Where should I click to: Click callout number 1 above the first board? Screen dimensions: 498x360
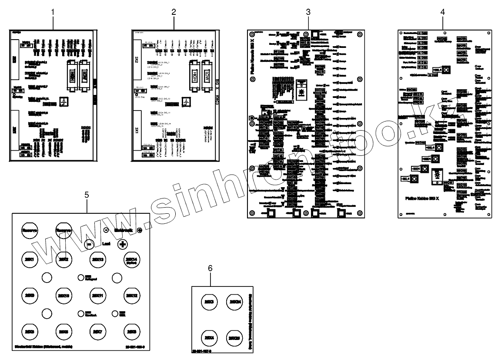click(53, 12)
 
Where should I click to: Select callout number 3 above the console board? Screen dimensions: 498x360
click(308, 12)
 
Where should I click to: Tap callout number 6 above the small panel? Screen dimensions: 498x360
click(210, 269)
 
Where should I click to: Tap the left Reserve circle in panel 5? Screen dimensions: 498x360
click(30, 230)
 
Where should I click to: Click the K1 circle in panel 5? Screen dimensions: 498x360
click(30, 260)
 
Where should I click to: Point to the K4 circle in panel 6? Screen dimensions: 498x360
click(209, 337)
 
